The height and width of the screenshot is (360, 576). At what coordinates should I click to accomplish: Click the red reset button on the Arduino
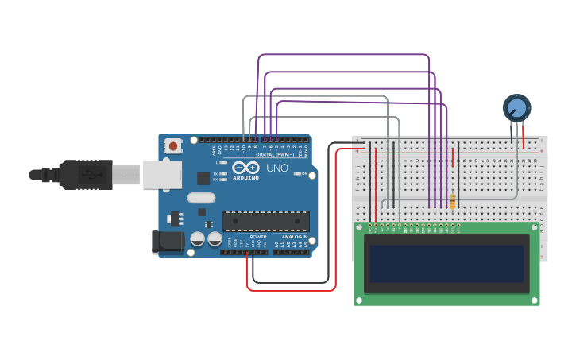coord(173,145)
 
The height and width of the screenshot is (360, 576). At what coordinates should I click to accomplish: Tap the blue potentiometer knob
coord(516,107)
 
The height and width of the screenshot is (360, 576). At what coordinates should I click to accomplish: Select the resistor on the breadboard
coord(453,202)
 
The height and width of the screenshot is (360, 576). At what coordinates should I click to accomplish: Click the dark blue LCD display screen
coord(446,264)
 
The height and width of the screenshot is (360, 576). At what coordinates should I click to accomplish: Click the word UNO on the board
coord(276,168)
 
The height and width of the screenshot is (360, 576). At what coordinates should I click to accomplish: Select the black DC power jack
coord(164,242)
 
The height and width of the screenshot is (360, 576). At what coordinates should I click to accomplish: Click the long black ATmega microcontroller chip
coord(265,221)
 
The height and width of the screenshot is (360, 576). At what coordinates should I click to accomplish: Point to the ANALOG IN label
coord(294,237)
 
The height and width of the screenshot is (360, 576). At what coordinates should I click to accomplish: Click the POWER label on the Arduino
coord(258,237)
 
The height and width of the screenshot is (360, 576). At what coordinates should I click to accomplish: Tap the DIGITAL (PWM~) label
coord(274,154)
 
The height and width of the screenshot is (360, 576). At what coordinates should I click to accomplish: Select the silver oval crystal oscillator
coord(201,198)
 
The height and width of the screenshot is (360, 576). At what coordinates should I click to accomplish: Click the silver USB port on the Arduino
coord(162,176)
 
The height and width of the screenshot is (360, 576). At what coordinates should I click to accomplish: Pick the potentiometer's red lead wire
coord(522,134)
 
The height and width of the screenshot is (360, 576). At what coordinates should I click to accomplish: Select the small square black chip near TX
coord(203,179)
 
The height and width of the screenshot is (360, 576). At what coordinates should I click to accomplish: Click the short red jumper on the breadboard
coord(453,157)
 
